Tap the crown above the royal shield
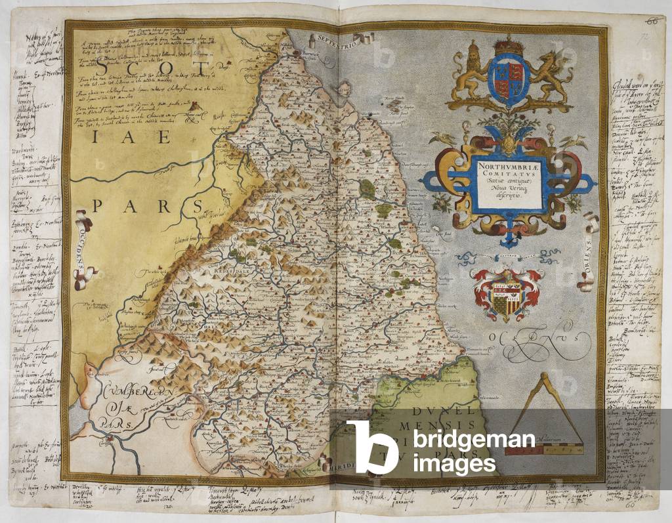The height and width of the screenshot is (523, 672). (505, 47)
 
